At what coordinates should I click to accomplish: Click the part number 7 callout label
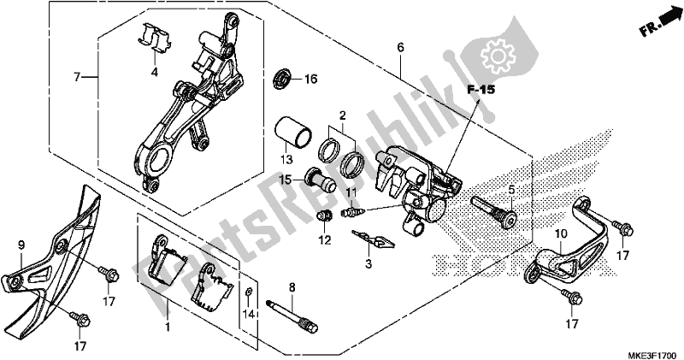click(x=78, y=77)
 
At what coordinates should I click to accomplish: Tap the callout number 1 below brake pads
click(x=168, y=328)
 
